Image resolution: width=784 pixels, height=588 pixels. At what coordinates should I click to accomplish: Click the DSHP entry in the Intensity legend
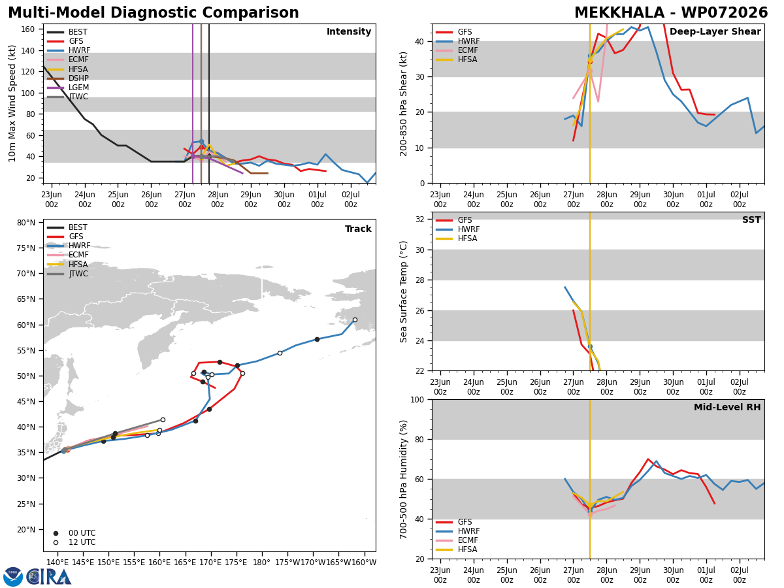(x=68, y=78)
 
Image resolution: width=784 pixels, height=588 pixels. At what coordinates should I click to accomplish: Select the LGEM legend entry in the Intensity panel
(x=68, y=88)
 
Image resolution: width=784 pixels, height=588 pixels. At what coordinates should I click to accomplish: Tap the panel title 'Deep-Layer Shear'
(x=715, y=31)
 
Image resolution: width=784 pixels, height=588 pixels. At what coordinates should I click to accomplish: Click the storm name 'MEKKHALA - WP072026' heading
(x=671, y=12)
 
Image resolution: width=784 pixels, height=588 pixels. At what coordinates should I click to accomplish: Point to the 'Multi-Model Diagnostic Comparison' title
(x=154, y=12)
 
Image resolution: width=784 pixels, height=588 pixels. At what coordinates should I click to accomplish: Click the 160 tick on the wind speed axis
(x=28, y=29)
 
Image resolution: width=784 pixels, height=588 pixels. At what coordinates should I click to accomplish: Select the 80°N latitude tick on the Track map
(x=26, y=223)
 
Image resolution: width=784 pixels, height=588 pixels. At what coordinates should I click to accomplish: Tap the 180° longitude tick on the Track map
(x=261, y=563)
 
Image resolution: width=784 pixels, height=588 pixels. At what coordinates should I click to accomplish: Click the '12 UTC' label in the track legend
(x=82, y=542)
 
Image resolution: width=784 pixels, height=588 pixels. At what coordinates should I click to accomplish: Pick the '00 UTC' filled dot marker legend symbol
(x=56, y=533)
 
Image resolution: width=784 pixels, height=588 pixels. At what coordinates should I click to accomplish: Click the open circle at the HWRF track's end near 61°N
(x=355, y=320)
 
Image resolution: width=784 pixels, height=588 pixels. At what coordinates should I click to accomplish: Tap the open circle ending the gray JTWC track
(x=163, y=420)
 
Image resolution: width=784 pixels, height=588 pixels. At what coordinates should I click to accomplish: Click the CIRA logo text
(x=49, y=577)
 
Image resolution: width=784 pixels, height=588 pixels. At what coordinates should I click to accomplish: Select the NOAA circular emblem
(x=13, y=577)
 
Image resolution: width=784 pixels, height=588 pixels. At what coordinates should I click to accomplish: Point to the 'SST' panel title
(x=751, y=220)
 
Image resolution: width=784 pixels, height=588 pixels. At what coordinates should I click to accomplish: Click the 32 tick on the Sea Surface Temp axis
(x=420, y=220)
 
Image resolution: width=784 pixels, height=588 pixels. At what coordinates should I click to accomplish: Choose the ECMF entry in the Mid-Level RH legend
(x=457, y=540)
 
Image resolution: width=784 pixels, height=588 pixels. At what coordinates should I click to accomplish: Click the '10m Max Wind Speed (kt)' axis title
(x=12, y=103)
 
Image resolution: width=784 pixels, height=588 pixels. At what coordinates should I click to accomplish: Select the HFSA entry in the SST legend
(x=457, y=238)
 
